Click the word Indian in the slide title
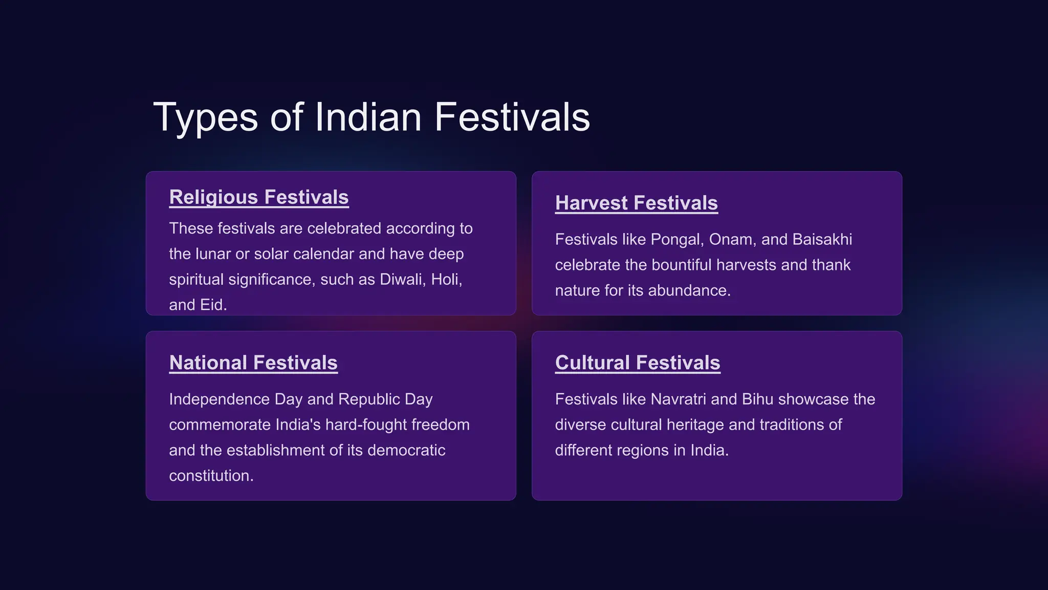click(368, 117)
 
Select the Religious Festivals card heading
click(259, 197)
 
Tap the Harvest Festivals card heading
click(636, 203)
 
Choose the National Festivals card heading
click(253, 363)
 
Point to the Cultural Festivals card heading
click(638, 363)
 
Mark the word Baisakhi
click(822, 240)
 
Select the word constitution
click(210, 476)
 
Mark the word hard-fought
click(365, 425)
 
